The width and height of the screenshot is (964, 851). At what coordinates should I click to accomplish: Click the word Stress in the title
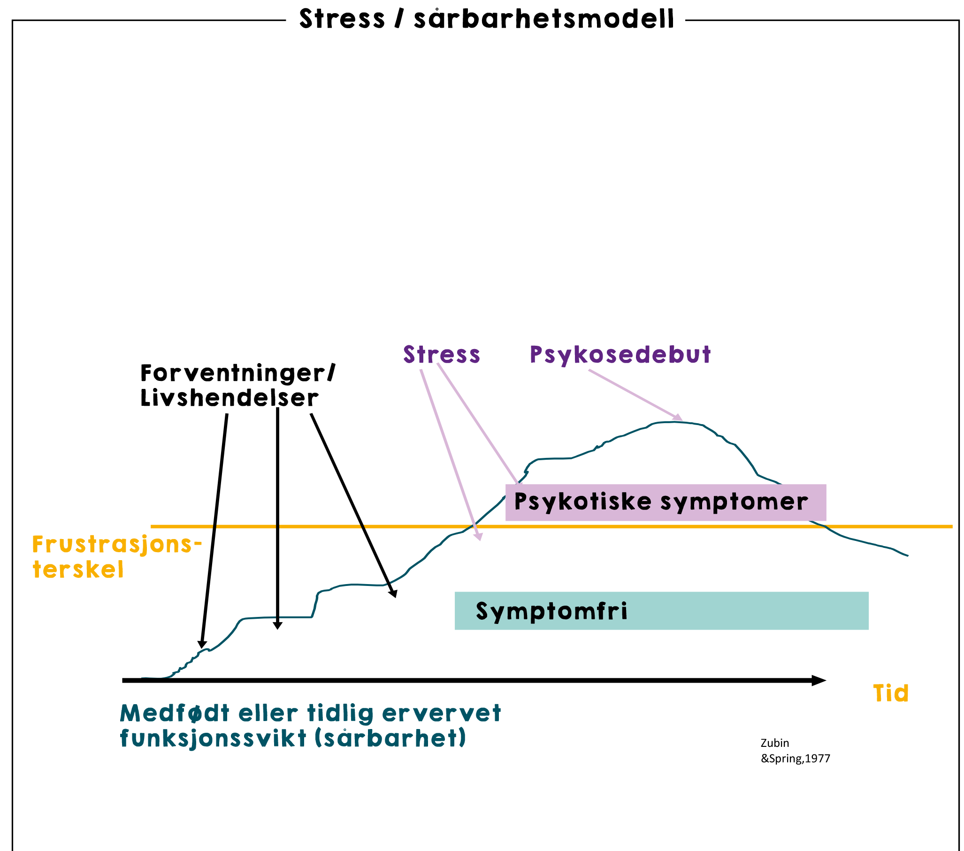click(x=342, y=19)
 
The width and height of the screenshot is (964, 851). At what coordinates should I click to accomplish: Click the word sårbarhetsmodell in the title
click(x=544, y=19)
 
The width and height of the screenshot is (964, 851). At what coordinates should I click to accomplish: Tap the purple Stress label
click(x=442, y=355)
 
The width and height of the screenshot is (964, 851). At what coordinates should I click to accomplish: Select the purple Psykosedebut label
click(x=620, y=355)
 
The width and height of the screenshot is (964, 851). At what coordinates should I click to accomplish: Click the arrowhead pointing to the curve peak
click(x=679, y=417)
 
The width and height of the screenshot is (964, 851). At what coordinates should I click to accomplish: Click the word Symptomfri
click(x=551, y=611)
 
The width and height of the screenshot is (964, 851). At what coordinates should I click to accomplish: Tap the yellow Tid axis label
click(x=890, y=693)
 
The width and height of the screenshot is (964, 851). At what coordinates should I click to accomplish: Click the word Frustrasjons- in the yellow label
click(x=117, y=545)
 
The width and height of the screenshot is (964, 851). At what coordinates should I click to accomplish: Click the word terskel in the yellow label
click(x=78, y=570)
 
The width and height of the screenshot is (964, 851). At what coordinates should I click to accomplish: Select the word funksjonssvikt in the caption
click(x=213, y=738)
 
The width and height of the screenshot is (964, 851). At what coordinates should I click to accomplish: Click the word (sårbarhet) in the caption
click(x=390, y=738)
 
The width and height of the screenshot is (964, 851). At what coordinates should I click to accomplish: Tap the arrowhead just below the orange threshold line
click(x=479, y=536)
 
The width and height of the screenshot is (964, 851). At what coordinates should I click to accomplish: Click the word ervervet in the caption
click(x=442, y=714)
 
